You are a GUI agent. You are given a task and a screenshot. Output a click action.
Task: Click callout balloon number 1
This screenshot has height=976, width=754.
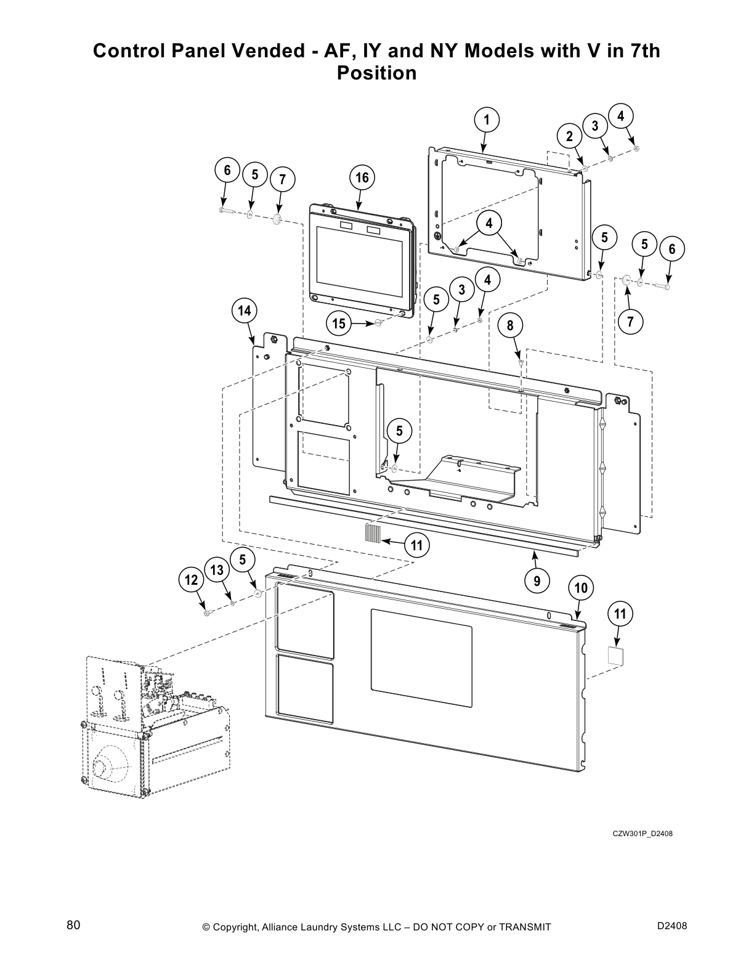(x=486, y=120)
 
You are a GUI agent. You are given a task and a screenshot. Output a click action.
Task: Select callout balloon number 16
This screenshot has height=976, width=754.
(x=362, y=178)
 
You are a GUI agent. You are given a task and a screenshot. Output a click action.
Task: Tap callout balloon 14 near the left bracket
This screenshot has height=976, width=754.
(x=245, y=311)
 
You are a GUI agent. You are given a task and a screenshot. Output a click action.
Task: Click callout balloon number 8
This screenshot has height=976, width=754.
(x=510, y=325)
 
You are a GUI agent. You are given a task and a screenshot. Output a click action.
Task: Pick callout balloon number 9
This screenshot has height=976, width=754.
(x=537, y=580)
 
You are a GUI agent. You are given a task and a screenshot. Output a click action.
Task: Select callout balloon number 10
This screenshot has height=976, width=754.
(x=581, y=588)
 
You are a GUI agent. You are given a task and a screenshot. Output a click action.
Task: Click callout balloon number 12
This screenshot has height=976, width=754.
(x=191, y=580)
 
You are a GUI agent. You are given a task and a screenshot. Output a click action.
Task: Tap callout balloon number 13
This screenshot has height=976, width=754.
(x=217, y=571)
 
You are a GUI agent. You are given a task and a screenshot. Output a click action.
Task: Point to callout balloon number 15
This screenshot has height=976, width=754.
(x=339, y=323)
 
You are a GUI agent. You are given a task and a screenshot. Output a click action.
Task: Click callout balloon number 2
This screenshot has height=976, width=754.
(x=569, y=136)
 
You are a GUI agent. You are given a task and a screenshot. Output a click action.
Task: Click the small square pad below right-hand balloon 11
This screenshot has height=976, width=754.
(x=616, y=654)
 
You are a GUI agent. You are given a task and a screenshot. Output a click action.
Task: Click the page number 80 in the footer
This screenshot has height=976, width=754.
(x=73, y=925)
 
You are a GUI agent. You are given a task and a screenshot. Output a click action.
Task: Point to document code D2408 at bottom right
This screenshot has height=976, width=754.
(x=672, y=925)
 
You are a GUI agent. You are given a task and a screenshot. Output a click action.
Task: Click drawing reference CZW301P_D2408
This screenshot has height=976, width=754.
(x=642, y=834)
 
